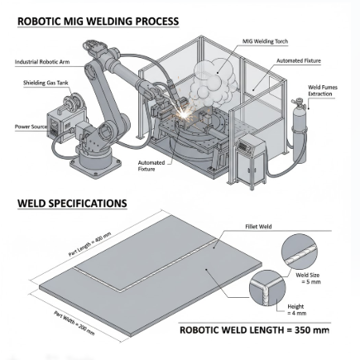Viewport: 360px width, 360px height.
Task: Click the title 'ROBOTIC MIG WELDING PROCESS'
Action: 98,22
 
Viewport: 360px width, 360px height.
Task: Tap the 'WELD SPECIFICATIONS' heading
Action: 72,203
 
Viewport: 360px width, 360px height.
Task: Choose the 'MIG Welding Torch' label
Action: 259,40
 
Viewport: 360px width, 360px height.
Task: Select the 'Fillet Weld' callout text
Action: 255,224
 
